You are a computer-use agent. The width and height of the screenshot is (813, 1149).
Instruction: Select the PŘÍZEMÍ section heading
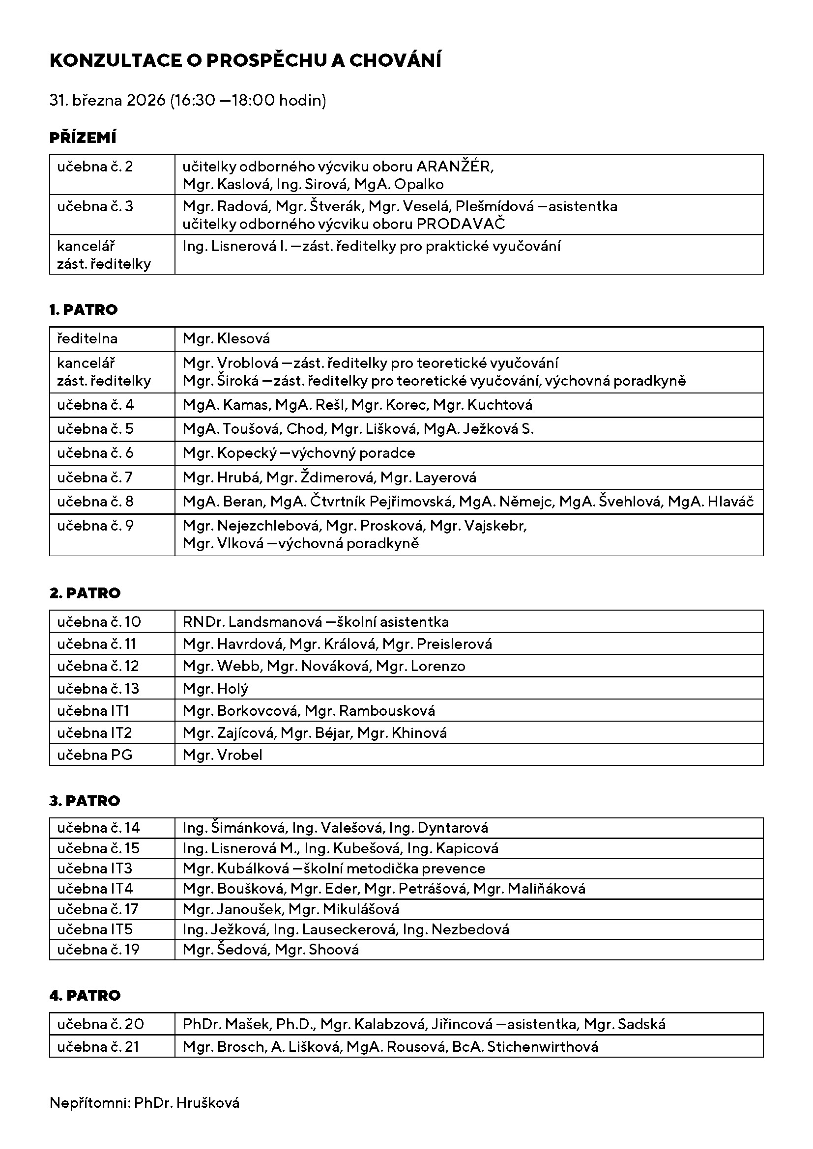(83, 138)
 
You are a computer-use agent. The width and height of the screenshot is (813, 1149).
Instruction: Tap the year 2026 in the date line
(145, 101)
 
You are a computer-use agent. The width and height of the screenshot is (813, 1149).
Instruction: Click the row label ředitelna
(87, 339)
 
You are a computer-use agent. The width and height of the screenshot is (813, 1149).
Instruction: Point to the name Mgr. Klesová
(226, 339)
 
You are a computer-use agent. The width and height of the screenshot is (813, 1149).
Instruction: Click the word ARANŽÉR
(455, 167)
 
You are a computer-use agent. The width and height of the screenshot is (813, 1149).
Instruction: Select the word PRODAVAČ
(461, 224)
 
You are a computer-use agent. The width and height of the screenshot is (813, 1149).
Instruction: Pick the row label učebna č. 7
(95, 477)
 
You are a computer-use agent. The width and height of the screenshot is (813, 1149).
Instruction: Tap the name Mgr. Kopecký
(229, 453)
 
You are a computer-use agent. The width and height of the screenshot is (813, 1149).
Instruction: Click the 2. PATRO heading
(85, 593)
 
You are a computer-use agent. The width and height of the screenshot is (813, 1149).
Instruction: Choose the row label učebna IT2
(94, 733)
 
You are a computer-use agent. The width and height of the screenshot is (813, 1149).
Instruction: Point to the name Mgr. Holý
(215, 689)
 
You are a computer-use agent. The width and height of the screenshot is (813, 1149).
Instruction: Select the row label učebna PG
(94, 755)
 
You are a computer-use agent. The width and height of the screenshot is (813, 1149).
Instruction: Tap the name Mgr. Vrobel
(222, 755)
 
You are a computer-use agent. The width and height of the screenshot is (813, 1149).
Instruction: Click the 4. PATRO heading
(85, 995)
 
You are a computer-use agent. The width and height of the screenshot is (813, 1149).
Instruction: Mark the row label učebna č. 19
(98, 950)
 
